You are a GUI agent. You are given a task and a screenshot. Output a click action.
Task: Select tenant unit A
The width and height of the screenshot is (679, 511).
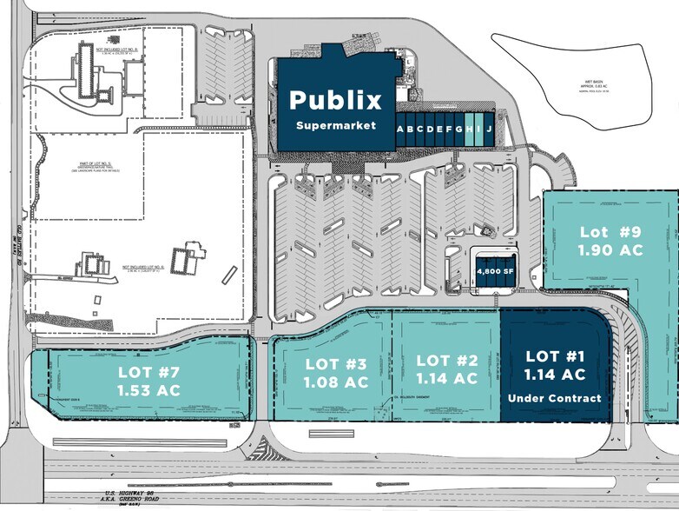(401, 129)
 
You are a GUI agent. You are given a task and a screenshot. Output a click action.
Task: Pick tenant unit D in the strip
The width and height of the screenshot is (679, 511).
(430, 129)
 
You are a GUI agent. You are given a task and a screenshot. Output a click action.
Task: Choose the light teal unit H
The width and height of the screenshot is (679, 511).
(469, 129)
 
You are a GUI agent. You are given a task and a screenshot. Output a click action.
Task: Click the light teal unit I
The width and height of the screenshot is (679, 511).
(478, 129)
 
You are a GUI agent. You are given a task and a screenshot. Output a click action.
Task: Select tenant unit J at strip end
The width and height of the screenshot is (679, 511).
(489, 129)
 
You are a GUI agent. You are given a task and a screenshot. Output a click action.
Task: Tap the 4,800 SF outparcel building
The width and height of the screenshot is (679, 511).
(495, 271)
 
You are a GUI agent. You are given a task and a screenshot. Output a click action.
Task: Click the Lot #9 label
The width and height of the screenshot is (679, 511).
(610, 232)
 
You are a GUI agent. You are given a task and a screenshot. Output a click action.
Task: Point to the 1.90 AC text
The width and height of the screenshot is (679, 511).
(610, 250)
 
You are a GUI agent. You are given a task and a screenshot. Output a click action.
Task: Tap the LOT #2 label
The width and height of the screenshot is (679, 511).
(447, 360)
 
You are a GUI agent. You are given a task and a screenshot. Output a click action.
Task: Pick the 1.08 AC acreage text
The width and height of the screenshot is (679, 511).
(335, 382)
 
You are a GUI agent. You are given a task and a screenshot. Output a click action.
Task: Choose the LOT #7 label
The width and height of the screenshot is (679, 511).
(148, 373)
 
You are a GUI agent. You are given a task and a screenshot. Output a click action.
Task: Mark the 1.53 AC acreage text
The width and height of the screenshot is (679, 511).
(148, 390)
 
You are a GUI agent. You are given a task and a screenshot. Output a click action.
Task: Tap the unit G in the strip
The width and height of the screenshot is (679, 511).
(458, 129)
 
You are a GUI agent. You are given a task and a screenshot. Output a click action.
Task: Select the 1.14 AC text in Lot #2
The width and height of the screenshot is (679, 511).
(447, 379)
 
